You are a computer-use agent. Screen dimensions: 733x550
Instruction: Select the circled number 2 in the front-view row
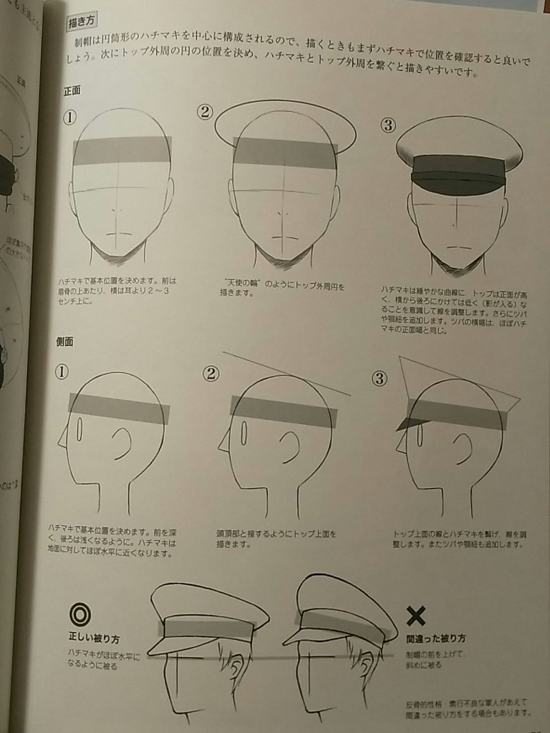click(x=204, y=111)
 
